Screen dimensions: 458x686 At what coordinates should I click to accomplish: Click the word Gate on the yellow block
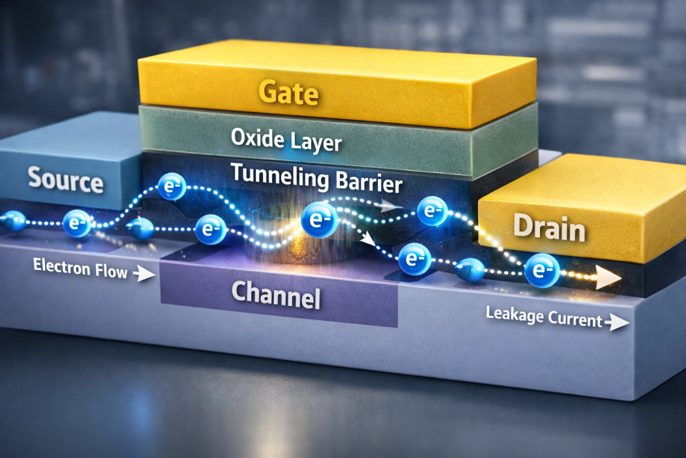(288, 93)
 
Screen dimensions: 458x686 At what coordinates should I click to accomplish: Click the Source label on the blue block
(65, 181)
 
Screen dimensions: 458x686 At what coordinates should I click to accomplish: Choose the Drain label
(549, 227)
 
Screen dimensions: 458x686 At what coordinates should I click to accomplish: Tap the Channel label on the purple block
(276, 294)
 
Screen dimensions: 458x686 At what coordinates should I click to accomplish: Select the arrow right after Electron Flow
(145, 275)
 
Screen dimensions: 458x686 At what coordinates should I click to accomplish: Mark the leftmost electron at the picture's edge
(13, 221)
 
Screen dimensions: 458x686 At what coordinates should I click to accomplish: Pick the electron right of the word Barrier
(434, 211)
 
